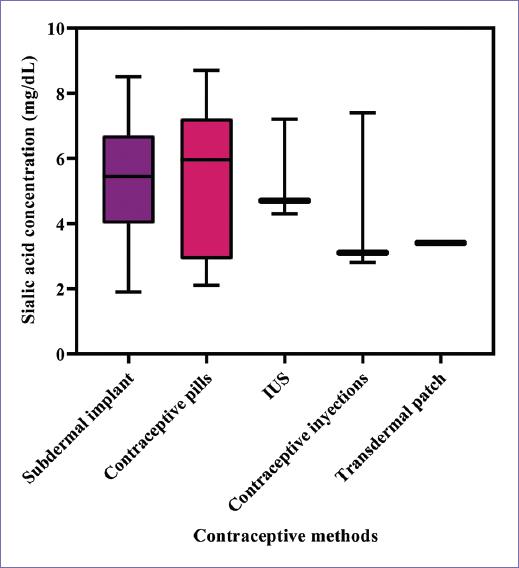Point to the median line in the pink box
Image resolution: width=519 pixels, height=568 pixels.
point(206,159)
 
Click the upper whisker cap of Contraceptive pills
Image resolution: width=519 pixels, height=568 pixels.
point(206,70)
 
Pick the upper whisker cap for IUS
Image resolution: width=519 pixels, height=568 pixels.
point(284,119)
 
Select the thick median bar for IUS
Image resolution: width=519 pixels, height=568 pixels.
point(284,201)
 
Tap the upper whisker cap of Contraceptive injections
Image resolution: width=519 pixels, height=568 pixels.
point(362,113)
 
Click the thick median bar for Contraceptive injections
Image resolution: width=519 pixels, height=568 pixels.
point(362,253)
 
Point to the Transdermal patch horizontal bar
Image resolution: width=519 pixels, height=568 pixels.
point(440,243)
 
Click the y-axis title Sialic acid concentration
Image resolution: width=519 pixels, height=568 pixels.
point(30,190)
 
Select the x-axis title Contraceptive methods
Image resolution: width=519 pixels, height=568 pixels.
point(285,536)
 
